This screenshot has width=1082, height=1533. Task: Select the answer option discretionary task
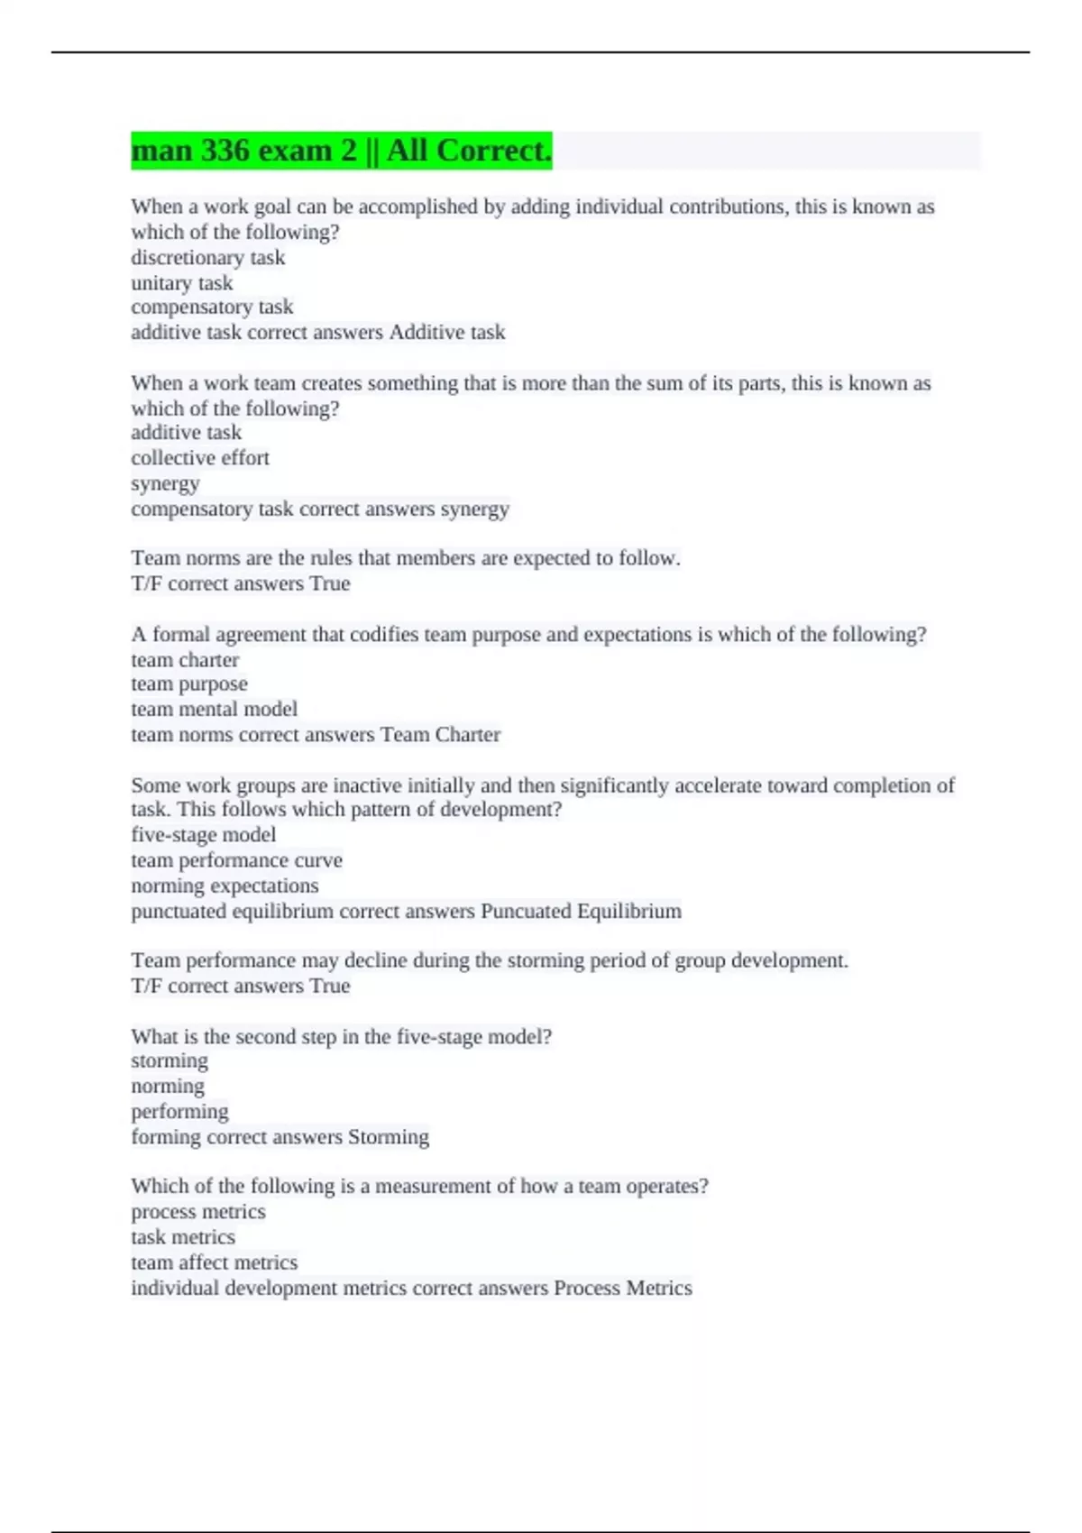tap(207, 258)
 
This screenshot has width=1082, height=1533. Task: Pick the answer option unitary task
tap(181, 283)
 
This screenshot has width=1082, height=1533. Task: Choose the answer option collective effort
tap(199, 458)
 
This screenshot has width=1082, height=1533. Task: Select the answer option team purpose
tap(188, 684)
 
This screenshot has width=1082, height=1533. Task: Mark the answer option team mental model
tap(214, 710)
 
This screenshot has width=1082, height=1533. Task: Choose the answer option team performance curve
tap(236, 860)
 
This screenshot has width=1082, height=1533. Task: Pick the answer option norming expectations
tap(225, 886)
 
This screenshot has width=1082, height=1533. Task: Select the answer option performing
tap(179, 1112)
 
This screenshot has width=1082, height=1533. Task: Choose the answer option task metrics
tap(182, 1237)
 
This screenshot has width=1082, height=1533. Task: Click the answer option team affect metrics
tap(214, 1262)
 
